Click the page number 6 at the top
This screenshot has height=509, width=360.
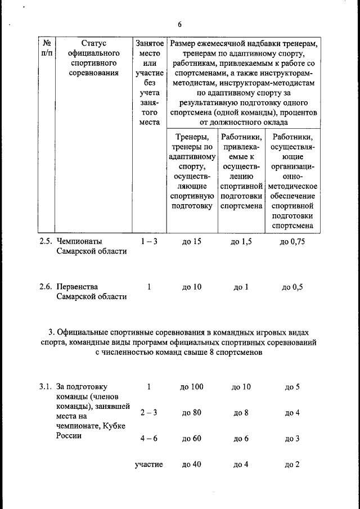pyautogui.click(x=179, y=24)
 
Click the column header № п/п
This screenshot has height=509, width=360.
pyautogui.click(x=48, y=47)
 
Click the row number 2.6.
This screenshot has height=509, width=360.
pyautogui.click(x=46, y=286)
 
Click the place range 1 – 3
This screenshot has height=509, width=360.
pyautogui.click(x=149, y=241)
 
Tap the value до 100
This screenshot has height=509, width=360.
pyautogui.click(x=192, y=387)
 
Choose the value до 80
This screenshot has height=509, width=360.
pyautogui.click(x=192, y=413)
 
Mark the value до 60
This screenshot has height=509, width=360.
pyautogui.click(x=192, y=439)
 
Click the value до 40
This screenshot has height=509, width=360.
pyautogui.click(x=192, y=465)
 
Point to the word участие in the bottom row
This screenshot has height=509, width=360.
pyautogui.click(x=149, y=465)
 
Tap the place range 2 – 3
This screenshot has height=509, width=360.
pyautogui.click(x=149, y=413)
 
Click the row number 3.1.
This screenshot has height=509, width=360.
pyautogui.click(x=46, y=387)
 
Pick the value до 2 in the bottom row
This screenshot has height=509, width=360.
pyautogui.click(x=292, y=465)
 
